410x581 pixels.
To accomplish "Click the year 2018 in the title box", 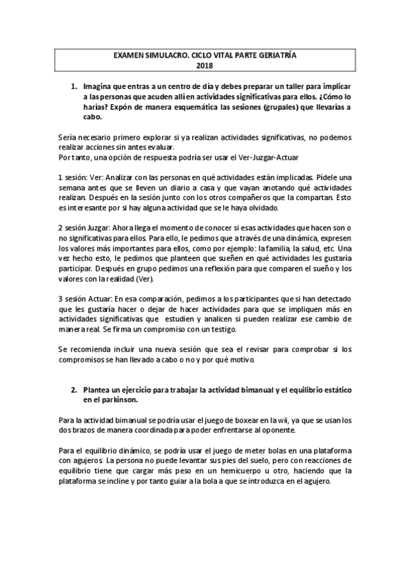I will coord(205,66).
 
